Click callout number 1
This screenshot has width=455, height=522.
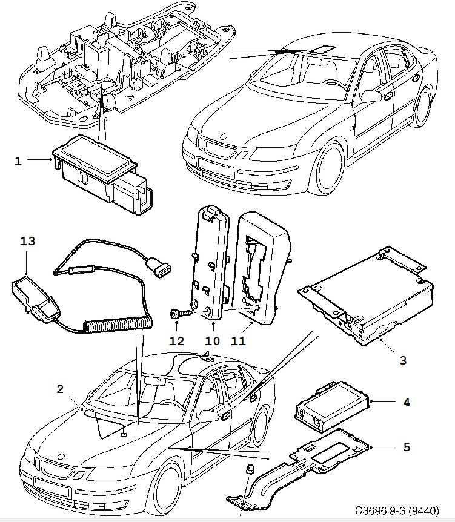point(18,161)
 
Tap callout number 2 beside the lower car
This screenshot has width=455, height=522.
point(59,389)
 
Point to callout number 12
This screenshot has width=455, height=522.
point(176,341)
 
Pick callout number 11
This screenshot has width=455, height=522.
point(238,341)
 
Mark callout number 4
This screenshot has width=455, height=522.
point(407,401)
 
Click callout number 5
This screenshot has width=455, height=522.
point(407,447)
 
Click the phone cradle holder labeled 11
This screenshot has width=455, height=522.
point(264,266)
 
